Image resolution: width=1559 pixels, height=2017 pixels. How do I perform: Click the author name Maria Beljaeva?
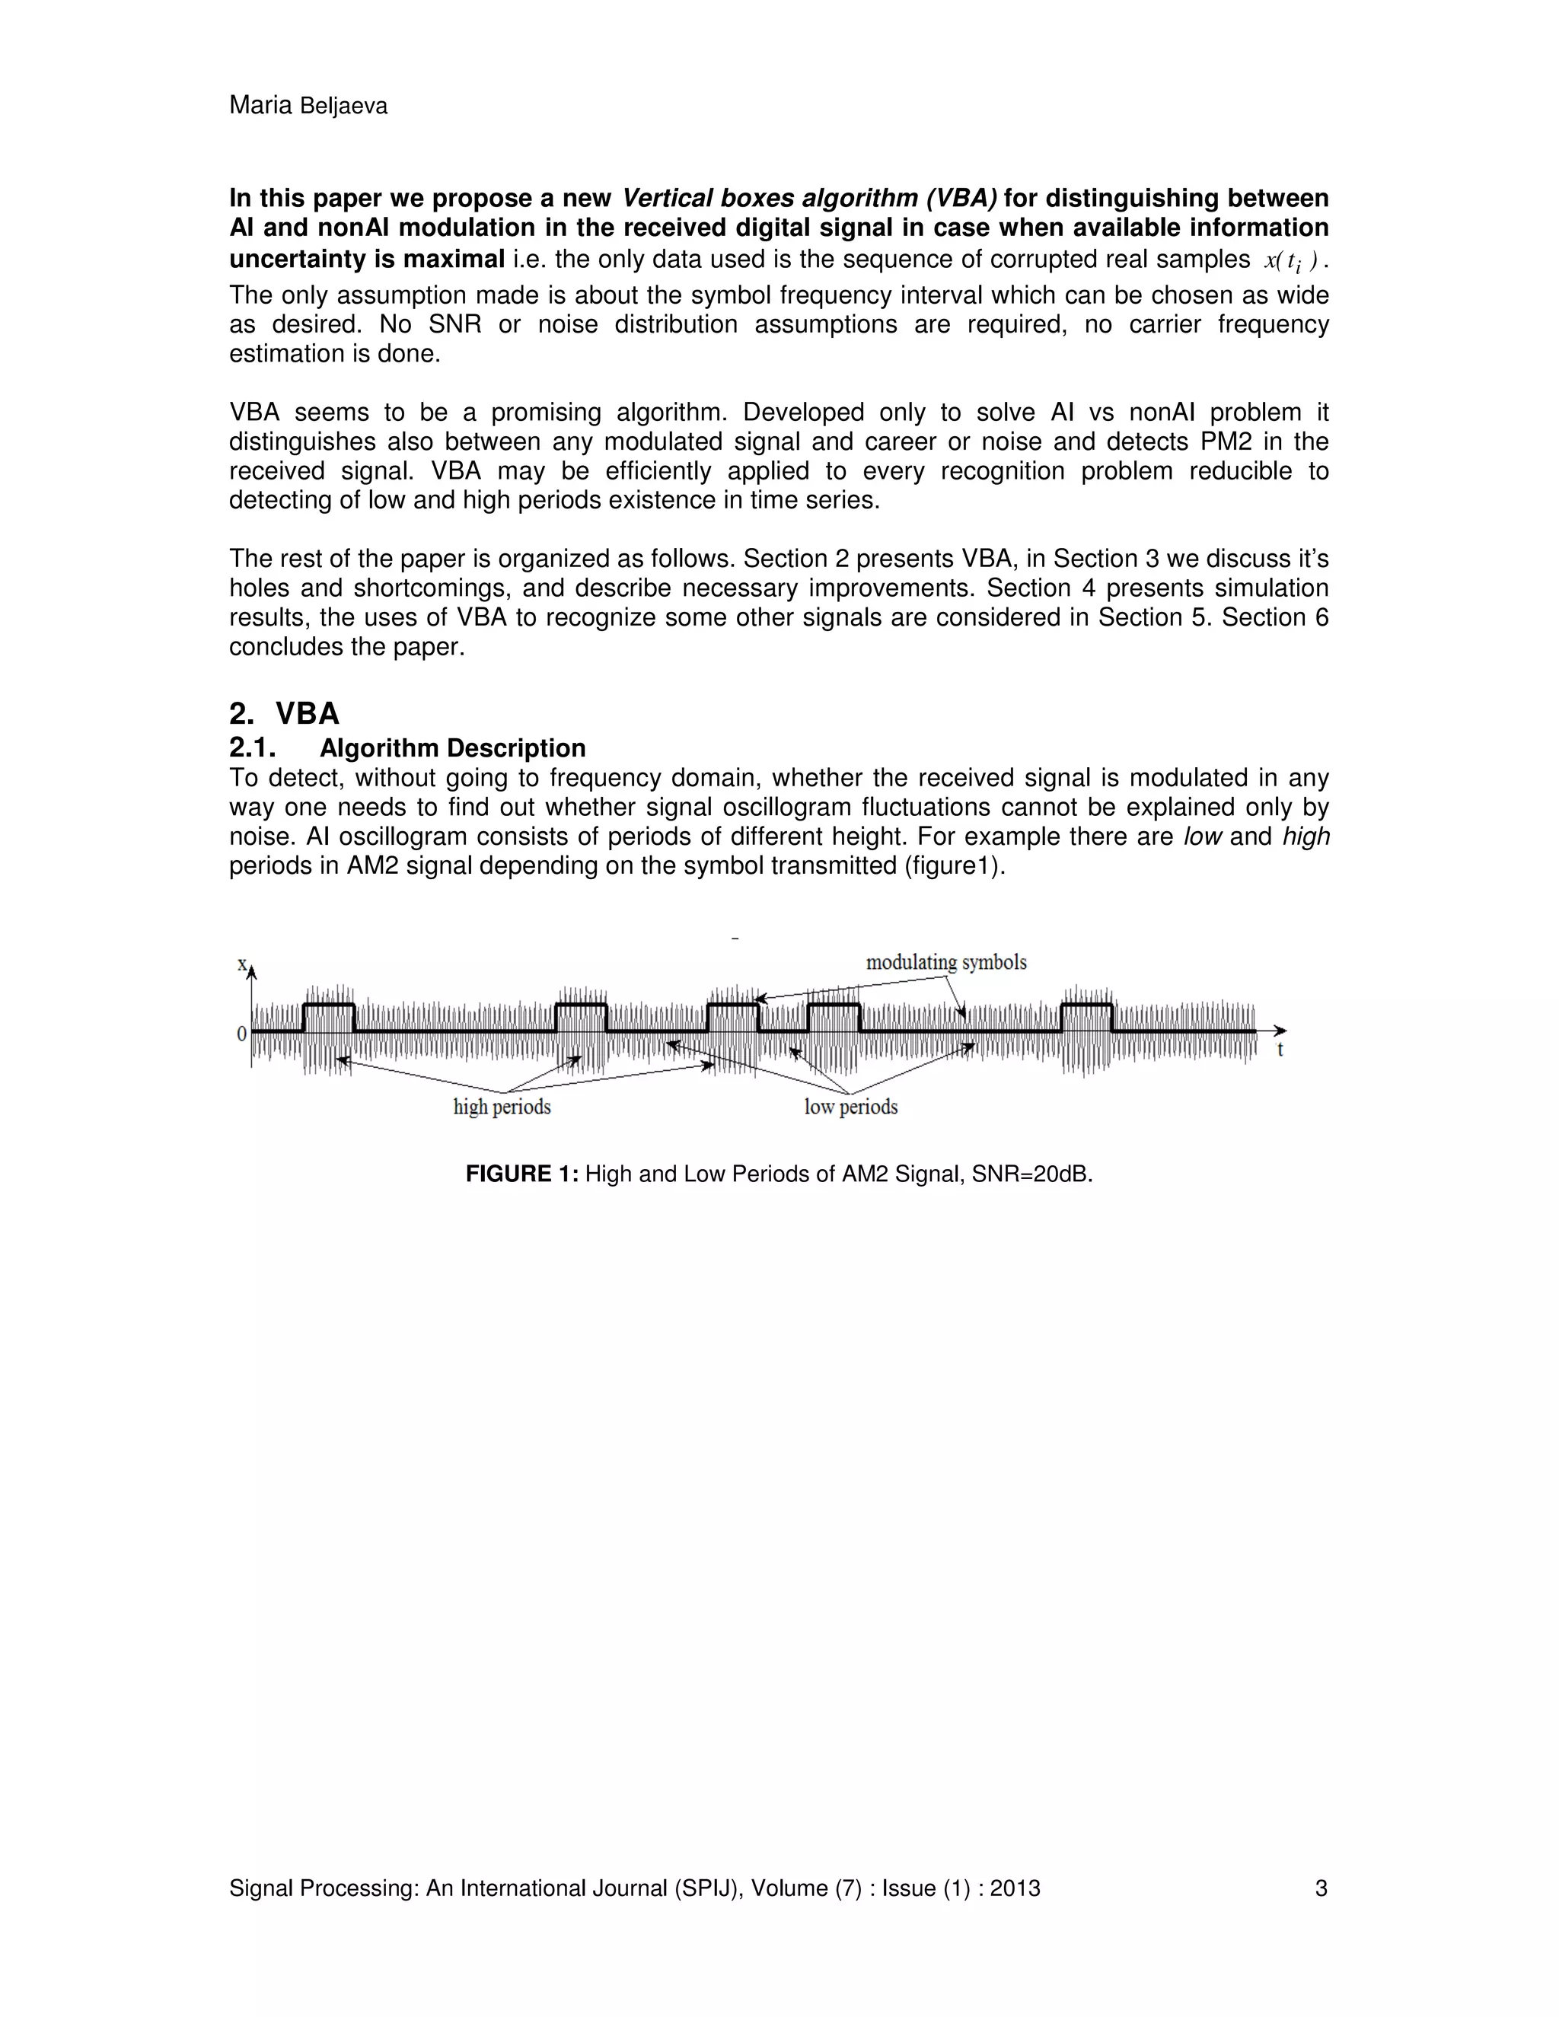308,107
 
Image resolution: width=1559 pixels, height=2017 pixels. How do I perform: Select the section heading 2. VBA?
285,714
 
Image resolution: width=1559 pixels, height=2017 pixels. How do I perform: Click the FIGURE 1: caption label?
521,1174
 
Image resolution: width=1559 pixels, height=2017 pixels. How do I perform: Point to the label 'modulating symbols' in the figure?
945,962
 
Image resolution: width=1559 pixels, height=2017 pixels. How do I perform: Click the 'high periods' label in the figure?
502,1107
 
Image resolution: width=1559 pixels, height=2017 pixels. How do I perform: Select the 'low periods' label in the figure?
850,1107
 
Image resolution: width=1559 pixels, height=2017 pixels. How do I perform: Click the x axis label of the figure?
242,964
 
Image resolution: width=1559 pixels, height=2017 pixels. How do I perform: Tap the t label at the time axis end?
1280,1050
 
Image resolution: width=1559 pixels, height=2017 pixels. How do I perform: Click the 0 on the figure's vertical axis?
242,1034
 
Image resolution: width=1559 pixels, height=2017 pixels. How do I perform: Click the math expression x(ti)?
1290,261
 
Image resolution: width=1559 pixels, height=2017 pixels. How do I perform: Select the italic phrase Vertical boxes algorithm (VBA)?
809,199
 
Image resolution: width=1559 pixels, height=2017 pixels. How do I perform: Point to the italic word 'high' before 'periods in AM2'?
1306,836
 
